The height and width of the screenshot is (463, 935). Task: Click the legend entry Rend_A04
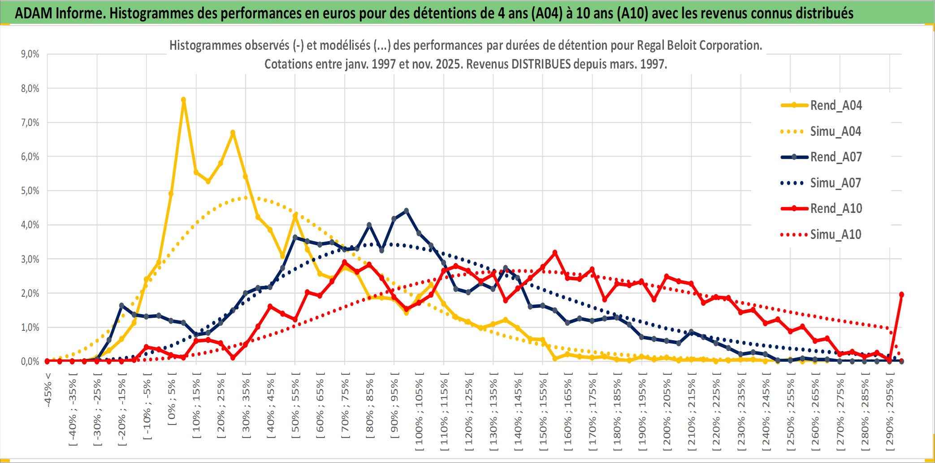[x=835, y=105]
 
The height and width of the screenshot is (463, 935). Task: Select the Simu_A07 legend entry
[x=835, y=183]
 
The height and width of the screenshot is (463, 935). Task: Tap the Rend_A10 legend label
[x=836, y=208]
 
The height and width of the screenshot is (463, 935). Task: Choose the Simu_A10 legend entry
[x=835, y=234]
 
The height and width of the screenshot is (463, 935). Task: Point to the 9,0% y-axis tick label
[x=30, y=54]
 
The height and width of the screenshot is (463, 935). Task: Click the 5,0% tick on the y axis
[x=30, y=191]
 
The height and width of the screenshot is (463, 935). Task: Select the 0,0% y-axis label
[x=30, y=361]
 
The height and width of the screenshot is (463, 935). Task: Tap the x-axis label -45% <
[x=48, y=390]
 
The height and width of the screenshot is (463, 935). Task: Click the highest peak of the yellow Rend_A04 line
[x=183, y=100]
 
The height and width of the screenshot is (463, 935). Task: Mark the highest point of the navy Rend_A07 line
[x=406, y=210]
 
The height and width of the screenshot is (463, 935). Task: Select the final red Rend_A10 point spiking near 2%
[x=901, y=294]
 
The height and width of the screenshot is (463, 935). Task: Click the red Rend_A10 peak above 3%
[x=555, y=253]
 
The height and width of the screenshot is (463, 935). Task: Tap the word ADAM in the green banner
[x=34, y=13]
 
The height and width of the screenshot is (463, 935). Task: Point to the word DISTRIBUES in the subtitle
[x=541, y=64]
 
